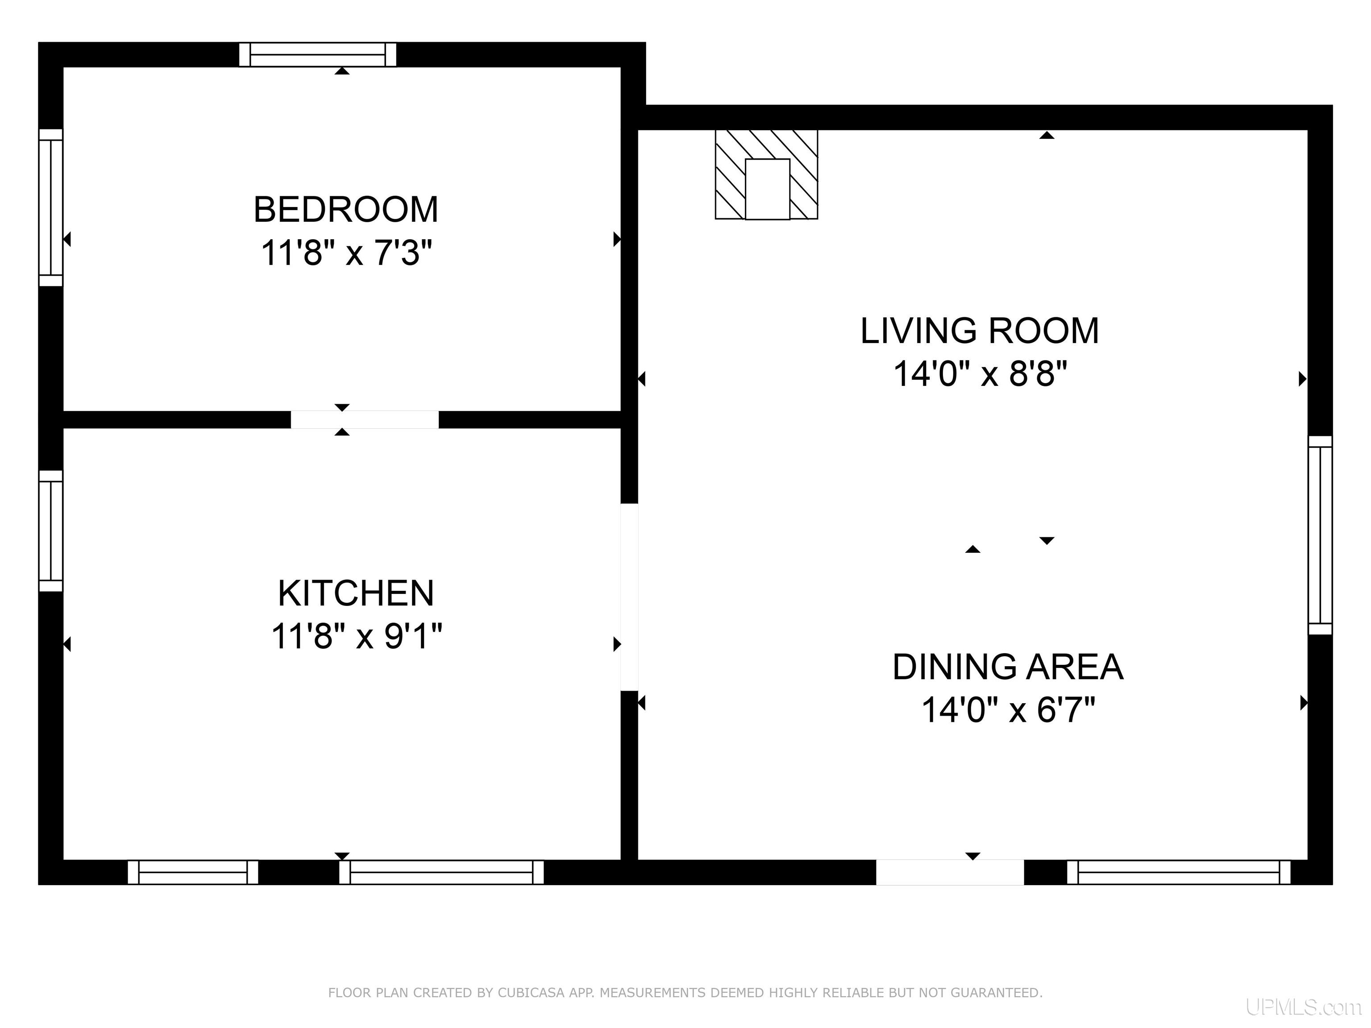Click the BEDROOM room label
coord(346,209)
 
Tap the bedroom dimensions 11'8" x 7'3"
coord(346,253)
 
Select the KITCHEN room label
coord(356,593)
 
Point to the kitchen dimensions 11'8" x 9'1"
coord(357,636)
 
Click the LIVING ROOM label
coord(979,331)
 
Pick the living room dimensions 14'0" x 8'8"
coord(980,374)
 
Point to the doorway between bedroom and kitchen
coord(365,419)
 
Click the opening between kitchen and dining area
coord(629,597)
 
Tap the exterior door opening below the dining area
coord(950,872)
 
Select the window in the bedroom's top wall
coord(317,54)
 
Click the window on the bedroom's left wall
coord(51,207)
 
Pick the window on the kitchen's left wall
coord(51,531)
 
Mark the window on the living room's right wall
coord(1320,535)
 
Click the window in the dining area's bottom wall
coord(1178,872)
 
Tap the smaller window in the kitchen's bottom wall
coord(193,872)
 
